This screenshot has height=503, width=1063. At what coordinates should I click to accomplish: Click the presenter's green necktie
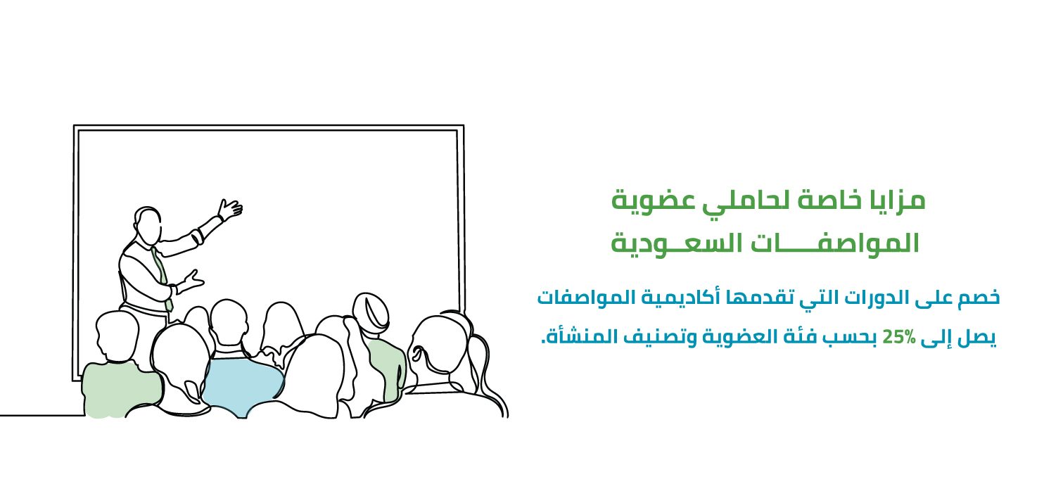pos(163,278)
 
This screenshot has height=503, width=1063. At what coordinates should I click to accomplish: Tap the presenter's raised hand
pos(230,209)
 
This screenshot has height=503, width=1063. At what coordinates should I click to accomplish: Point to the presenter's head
pos(148,225)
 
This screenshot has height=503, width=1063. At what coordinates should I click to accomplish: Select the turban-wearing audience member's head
pos(371,313)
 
